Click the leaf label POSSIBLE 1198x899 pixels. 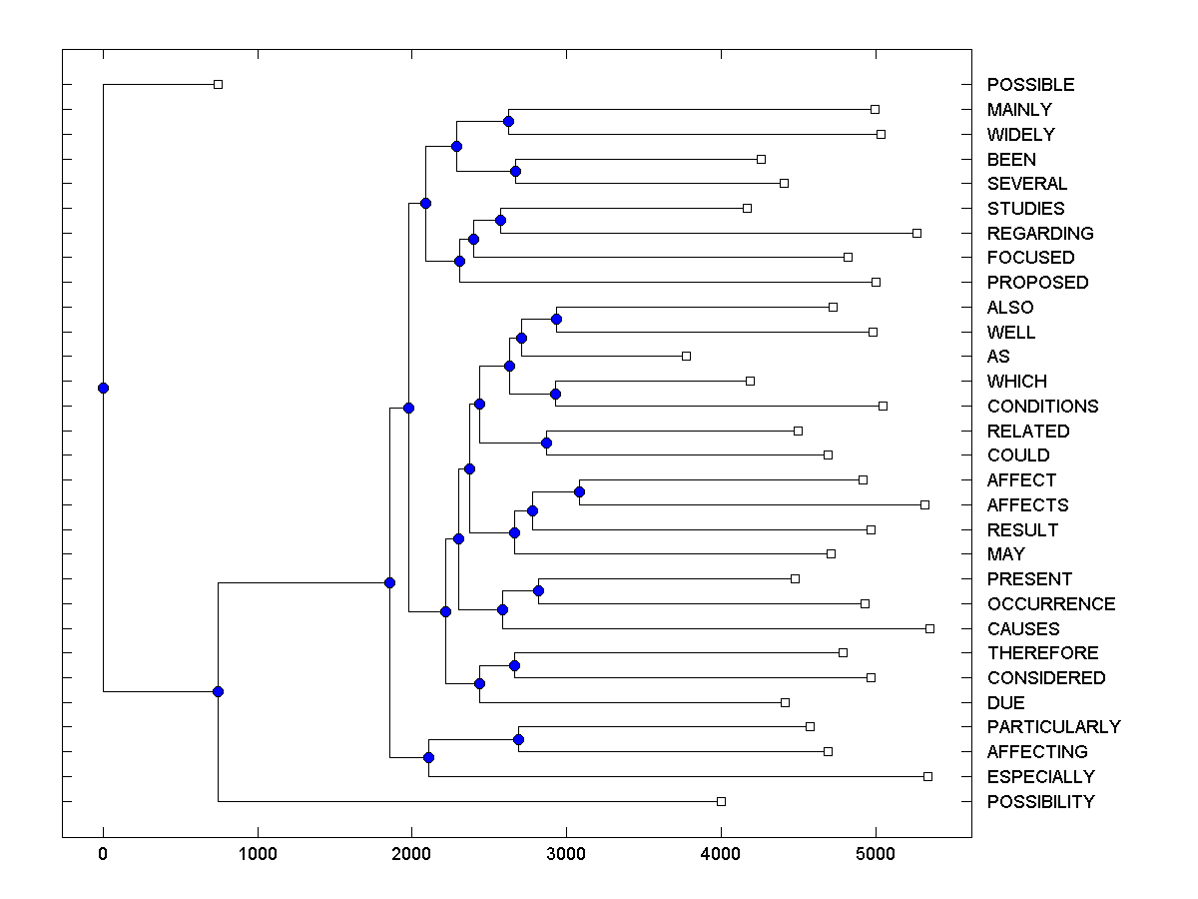click(1030, 85)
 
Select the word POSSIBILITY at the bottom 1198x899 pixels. click(1040, 802)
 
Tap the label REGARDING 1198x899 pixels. click(1040, 234)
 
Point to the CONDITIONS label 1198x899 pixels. click(1042, 407)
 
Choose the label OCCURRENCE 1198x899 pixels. click(1051, 604)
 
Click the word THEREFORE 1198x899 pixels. click(1042, 653)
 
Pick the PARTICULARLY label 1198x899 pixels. click(1053, 727)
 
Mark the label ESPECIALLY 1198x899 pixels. click(1040, 777)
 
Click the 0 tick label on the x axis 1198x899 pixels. click(103, 855)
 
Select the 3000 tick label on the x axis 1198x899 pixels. click(566, 855)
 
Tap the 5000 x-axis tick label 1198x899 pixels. click(876, 855)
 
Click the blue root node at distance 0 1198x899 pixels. click(103, 388)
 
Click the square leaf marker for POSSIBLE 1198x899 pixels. click(219, 84)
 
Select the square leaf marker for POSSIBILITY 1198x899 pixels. click(721, 801)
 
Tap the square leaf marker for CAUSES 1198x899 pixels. click(929, 628)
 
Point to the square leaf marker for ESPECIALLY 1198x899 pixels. click(927, 776)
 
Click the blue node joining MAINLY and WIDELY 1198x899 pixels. click(508, 121)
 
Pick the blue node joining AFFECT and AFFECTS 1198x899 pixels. click(579, 491)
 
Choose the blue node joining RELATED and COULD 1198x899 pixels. click(546, 443)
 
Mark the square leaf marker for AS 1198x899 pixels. click(686, 356)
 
